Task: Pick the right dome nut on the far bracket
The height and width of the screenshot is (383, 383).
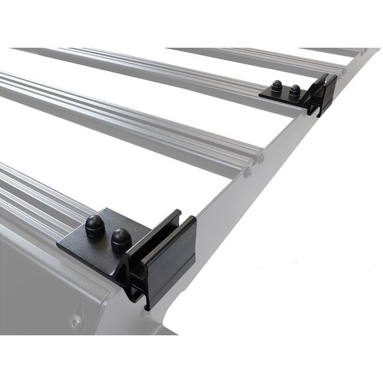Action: pos(293,92)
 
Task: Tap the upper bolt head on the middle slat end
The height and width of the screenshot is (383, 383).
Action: pos(260,159)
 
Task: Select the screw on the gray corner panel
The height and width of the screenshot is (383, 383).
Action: pos(77,323)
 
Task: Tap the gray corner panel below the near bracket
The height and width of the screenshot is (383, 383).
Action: pos(40,292)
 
